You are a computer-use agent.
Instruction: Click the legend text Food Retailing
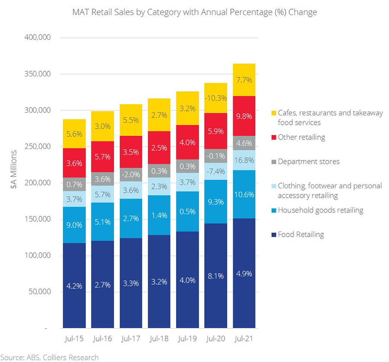coord(301,235)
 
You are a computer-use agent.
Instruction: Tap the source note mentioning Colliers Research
coord(49,357)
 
